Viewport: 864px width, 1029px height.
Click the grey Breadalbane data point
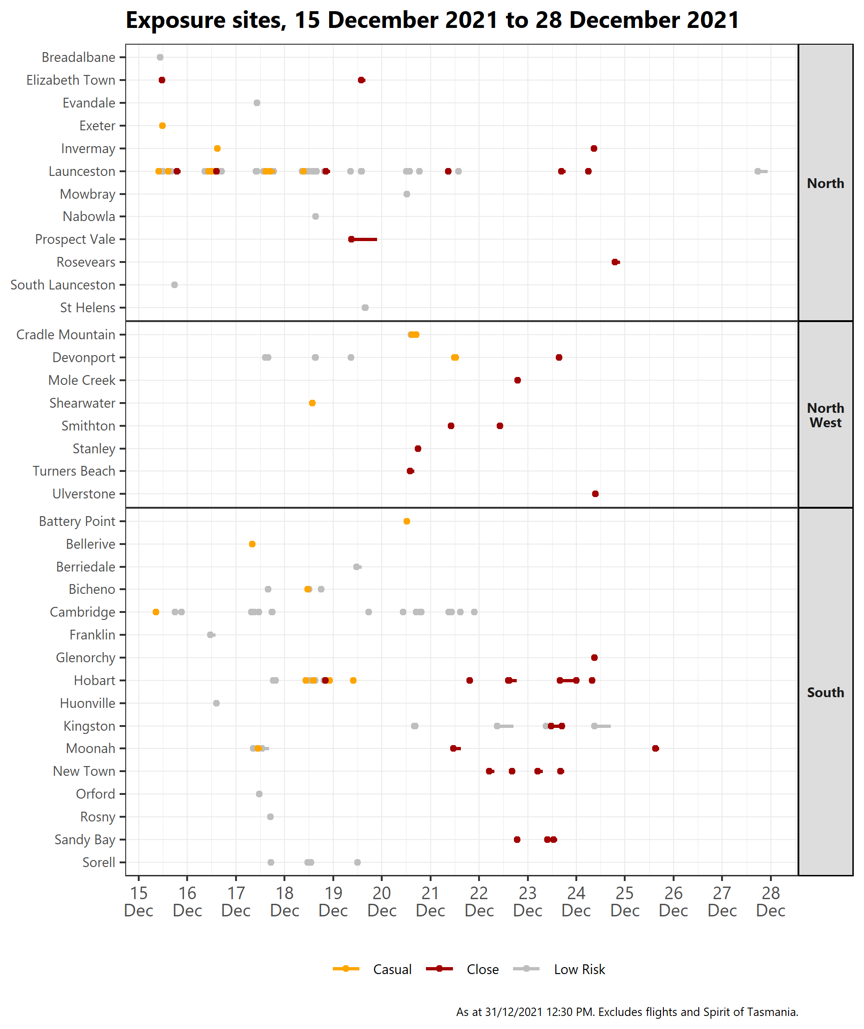[160, 57]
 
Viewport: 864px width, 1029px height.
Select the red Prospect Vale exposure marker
[351, 239]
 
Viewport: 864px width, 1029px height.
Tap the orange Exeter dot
[162, 126]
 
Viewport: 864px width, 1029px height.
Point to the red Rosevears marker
[614, 262]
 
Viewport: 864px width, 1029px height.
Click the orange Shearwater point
[312, 403]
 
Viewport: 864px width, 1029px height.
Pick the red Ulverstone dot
[595, 493]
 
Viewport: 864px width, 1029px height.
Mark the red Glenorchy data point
[594, 658]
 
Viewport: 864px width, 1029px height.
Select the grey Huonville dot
[216, 703]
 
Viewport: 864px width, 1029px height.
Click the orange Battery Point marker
[406, 521]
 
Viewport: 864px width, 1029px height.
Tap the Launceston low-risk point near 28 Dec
[758, 171]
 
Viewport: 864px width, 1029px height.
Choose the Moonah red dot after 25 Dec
[655, 748]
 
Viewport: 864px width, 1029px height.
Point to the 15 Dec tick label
[139, 901]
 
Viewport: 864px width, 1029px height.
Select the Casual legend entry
[372, 969]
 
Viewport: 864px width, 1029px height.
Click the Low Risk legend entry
[559, 969]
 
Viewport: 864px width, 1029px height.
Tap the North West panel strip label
[825, 415]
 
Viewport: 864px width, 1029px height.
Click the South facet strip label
[825, 693]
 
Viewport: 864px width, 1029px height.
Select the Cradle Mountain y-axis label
[66, 335]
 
